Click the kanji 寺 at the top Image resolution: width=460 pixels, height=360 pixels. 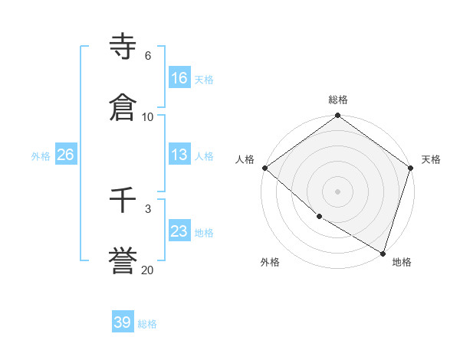pyautogui.click(x=123, y=48)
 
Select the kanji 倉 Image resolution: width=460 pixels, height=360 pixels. pyautogui.click(x=123, y=106)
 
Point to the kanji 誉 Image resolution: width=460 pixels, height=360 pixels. pyautogui.click(x=123, y=259)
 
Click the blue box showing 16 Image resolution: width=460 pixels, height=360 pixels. pyautogui.click(x=179, y=78)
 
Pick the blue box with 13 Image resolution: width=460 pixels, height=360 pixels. pyautogui.click(x=179, y=155)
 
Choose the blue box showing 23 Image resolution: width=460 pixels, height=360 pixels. pyautogui.click(x=179, y=231)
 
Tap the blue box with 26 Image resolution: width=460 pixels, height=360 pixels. pyautogui.click(x=65, y=155)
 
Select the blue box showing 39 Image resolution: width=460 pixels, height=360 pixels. pyautogui.click(x=123, y=322)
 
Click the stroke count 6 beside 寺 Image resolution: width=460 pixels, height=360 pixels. pyautogui.click(x=148, y=56)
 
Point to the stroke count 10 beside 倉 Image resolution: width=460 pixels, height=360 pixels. pyautogui.click(x=148, y=116)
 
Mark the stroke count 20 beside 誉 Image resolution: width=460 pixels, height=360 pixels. pyautogui.click(x=148, y=269)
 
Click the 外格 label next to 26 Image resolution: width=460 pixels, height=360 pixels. pyautogui.click(x=41, y=156)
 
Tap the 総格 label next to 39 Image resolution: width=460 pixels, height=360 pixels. pyautogui.click(x=147, y=324)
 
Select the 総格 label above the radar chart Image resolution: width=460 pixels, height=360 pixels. pyautogui.click(x=337, y=100)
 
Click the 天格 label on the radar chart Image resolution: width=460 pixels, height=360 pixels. pyautogui.click(x=431, y=159)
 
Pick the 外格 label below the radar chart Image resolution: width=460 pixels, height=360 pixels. pyautogui.click(x=270, y=262)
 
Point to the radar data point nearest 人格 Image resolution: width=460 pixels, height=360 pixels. pyautogui.click(x=264, y=168)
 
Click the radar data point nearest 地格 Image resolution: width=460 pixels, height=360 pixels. pyautogui.click(x=383, y=253)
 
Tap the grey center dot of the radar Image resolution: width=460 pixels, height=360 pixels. pyautogui.click(x=337, y=191)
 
